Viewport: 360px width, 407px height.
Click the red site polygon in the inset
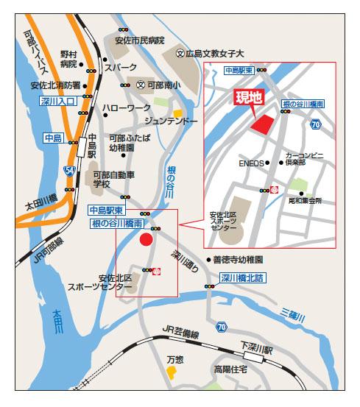click(261, 124)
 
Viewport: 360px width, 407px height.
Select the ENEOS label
click(251, 163)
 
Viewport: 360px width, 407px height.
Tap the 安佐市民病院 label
click(140, 39)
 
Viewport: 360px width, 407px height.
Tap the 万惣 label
click(174, 360)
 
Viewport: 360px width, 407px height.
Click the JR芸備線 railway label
click(179, 333)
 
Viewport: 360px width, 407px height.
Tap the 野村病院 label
click(68, 60)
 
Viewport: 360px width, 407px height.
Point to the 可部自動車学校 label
click(114, 181)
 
